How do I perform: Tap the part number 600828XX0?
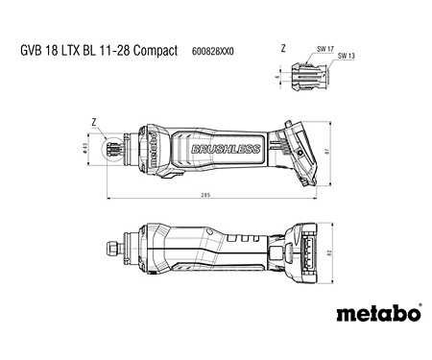pos(212,49)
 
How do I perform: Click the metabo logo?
pos(379,312)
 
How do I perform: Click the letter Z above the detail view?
pos(283,48)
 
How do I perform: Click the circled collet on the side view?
pos(122,146)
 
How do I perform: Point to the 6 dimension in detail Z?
pos(276,74)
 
